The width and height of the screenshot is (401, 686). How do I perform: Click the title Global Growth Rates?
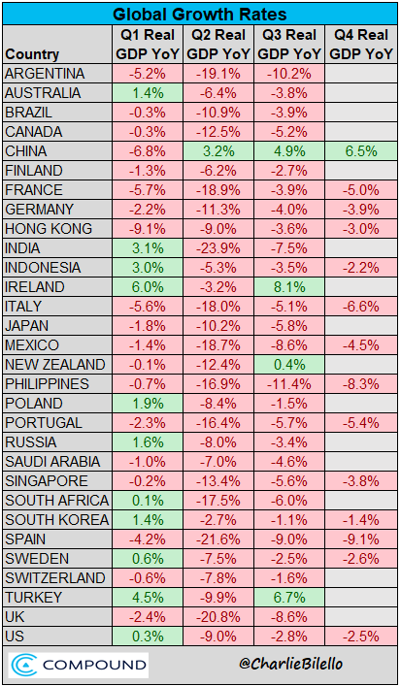pos(200,14)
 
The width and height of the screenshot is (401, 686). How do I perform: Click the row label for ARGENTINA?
pos(45,74)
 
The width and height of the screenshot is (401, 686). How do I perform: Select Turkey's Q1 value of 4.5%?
pos(148,598)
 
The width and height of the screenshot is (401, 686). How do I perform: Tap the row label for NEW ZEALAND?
pos(55,365)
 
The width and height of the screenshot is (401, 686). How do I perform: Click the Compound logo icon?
pos(23,666)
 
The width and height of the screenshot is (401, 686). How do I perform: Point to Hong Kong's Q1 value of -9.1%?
pos(148,229)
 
